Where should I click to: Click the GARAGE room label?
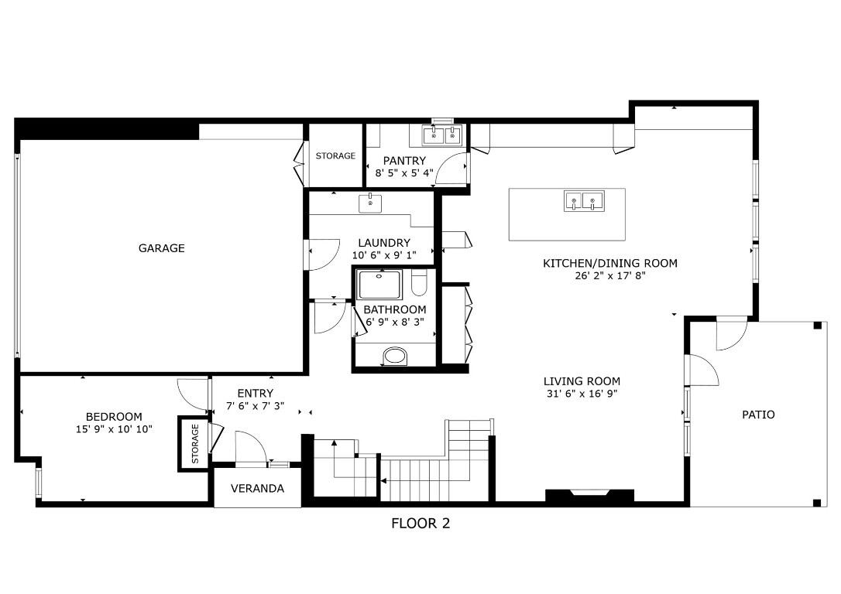(x=161, y=248)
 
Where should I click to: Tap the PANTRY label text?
(x=400, y=160)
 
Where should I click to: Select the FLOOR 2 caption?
(x=420, y=524)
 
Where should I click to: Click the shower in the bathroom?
(x=379, y=284)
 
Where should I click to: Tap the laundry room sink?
(x=370, y=203)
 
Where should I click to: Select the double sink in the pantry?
(x=443, y=136)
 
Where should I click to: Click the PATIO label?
(x=758, y=415)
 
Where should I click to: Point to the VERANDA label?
(x=257, y=489)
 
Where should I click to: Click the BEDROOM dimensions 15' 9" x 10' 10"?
(x=114, y=428)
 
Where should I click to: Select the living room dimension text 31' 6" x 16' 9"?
(x=582, y=394)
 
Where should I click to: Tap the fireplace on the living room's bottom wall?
(x=590, y=494)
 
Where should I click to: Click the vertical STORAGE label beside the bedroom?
(x=195, y=443)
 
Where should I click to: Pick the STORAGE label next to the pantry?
(x=335, y=155)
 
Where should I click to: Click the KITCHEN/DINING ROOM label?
(x=609, y=263)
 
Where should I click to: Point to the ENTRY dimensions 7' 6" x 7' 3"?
(x=255, y=406)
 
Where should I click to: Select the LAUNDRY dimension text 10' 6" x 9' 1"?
(x=384, y=255)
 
